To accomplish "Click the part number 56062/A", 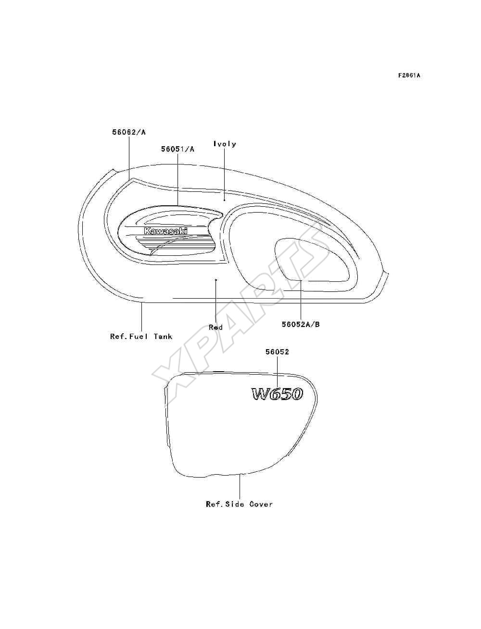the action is pos(129,132).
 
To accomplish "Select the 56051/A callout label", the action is pos(177,149).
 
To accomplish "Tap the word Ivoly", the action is pos(225,144).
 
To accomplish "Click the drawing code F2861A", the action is pos(409,75).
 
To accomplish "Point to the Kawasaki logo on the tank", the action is pos(165,231).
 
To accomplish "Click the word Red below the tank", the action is pos(215,327).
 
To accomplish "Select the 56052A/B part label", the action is pos(301,325).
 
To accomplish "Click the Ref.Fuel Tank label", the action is pos(141,336).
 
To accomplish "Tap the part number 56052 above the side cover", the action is pos(277,352).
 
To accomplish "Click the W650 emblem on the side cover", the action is pos(277,394).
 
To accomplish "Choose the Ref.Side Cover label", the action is pos(240,504).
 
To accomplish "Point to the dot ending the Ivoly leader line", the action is pos(224,200).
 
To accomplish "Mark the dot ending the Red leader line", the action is pos(216,279).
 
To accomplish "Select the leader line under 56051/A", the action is pos(177,179).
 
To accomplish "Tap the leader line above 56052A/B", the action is pos(301,301).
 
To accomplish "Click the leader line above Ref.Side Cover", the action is pos(240,487).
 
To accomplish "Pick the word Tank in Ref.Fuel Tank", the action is pos(163,336).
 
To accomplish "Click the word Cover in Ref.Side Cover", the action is pos(261,504).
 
